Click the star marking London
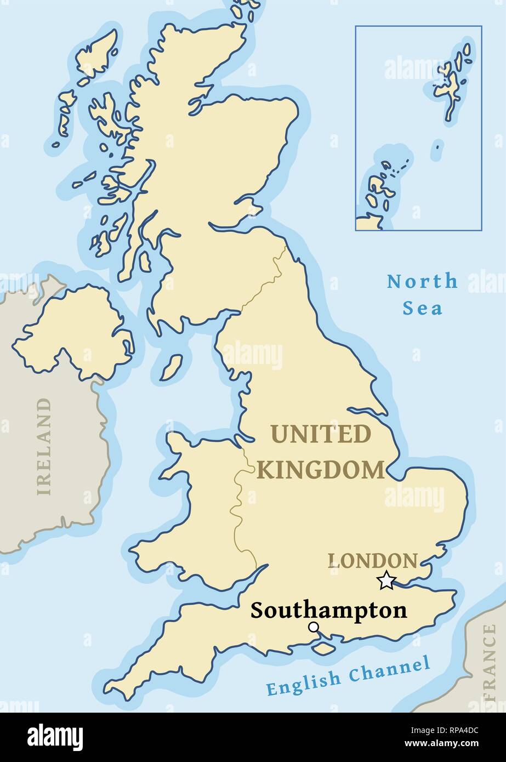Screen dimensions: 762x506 (386, 580)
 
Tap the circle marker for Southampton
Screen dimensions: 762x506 (314, 627)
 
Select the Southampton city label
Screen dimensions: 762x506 (329, 610)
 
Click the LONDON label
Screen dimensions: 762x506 (373, 561)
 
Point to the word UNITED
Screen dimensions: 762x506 (321, 435)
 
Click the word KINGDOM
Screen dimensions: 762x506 (321, 470)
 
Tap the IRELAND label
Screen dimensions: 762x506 (44, 447)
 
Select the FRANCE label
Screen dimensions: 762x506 (489, 663)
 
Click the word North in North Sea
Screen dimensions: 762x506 (422, 282)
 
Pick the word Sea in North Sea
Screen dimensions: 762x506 (422, 308)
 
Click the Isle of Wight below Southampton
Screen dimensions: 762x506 (324, 647)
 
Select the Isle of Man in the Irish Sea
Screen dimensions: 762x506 (172, 367)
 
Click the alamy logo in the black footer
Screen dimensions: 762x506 (55, 737)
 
